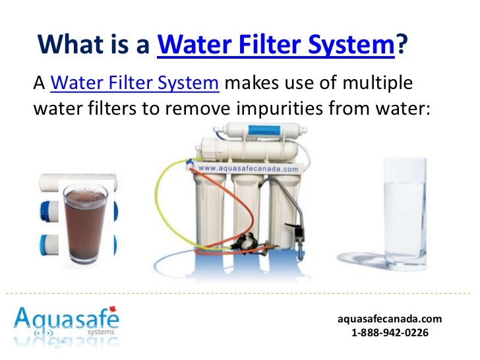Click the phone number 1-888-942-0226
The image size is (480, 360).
point(390,333)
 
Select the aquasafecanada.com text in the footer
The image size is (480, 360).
point(390,319)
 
